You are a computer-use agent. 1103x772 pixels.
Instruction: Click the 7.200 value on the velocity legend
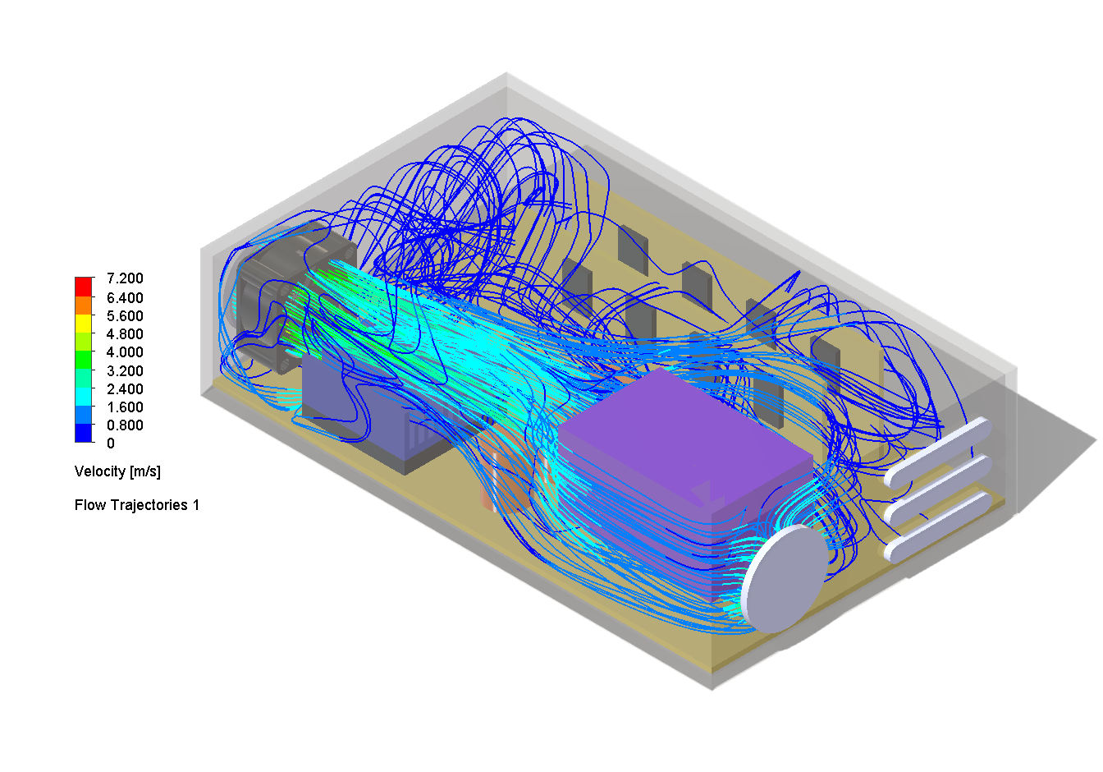point(125,278)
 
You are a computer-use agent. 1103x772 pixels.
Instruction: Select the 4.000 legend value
point(125,352)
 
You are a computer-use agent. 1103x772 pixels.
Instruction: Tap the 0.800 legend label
point(125,425)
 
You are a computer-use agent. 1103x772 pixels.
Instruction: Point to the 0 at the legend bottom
point(111,443)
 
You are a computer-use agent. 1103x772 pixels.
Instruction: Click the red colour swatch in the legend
point(84,287)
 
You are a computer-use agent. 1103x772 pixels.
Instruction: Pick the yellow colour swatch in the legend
point(84,324)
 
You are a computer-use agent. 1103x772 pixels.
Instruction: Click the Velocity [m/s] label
point(117,471)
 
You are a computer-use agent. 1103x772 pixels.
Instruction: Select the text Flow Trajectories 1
point(136,505)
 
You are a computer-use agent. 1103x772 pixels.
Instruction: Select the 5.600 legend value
point(125,316)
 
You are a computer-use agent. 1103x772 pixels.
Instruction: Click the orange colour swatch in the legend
point(84,305)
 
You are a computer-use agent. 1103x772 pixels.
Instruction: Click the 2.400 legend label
point(125,389)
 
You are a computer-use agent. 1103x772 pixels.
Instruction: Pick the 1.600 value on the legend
point(125,407)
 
